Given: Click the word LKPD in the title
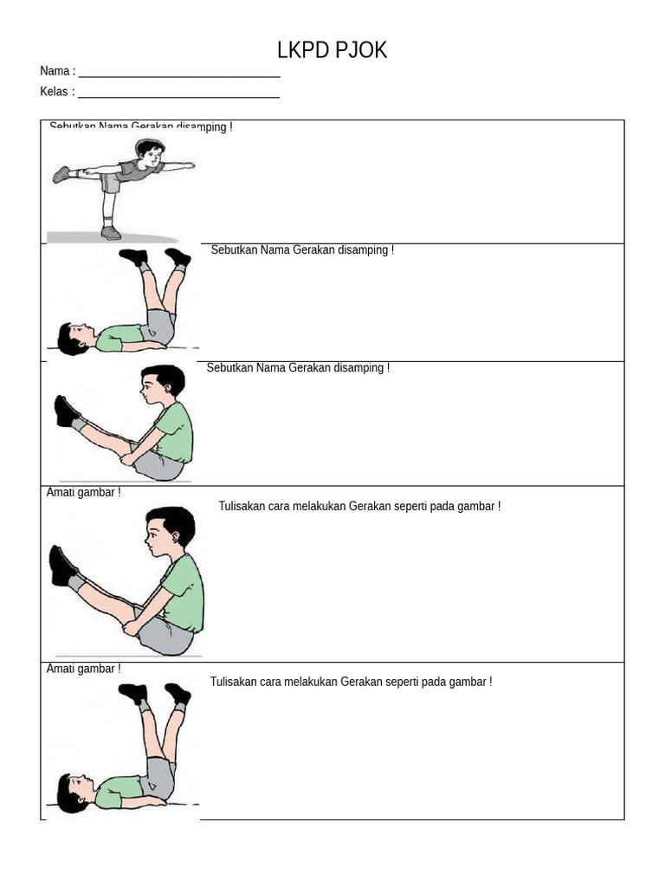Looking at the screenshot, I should [x=303, y=51].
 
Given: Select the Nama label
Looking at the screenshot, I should [x=55, y=71].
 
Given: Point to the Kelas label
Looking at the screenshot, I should [x=55, y=92].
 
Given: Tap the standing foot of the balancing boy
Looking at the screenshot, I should [x=110, y=232].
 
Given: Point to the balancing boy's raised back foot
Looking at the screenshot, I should [x=61, y=174].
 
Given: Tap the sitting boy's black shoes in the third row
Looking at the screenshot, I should [x=67, y=411].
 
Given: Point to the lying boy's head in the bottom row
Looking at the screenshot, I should [x=71, y=792].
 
